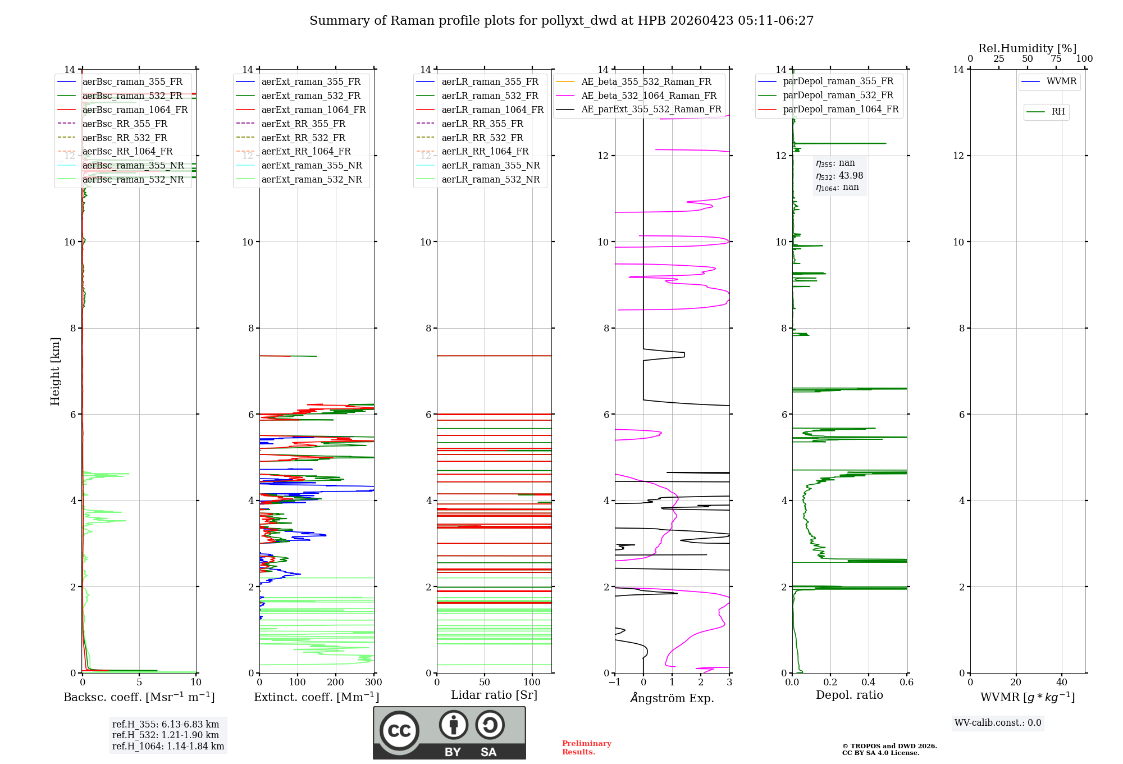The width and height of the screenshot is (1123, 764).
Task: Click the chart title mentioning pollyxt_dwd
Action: click(561, 21)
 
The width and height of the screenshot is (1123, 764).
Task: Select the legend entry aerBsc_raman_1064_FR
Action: click(135, 110)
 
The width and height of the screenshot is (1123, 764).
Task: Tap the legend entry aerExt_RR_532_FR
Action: click(303, 138)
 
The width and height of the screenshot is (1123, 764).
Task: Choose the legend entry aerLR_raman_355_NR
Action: click(490, 165)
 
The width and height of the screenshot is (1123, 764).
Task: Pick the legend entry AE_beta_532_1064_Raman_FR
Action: click(649, 95)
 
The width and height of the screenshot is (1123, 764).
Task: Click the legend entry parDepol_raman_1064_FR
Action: click(841, 109)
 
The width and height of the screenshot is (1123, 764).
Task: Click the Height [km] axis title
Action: click(55, 371)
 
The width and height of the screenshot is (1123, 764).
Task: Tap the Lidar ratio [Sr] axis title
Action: click(494, 695)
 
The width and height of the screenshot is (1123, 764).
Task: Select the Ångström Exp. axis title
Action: click(672, 698)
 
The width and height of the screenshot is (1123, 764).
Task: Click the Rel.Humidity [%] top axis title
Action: click(1027, 48)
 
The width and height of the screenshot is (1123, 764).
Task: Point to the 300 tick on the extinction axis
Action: click(373, 683)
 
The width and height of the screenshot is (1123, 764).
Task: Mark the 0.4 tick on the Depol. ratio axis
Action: click(869, 683)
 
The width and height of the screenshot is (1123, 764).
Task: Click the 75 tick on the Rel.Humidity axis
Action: click(1056, 59)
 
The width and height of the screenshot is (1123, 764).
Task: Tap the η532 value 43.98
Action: click(851, 175)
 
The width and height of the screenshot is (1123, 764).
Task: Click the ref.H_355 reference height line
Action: click(166, 724)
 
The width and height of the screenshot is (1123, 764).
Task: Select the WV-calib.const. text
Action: click(998, 723)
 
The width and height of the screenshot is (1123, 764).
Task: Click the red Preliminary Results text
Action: click(586, 748)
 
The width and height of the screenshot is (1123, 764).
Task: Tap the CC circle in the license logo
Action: click(399, 731)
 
